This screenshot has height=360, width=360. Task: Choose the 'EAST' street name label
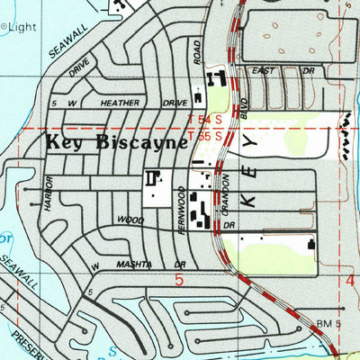click(265, 69)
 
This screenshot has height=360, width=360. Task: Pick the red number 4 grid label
click(350, 282)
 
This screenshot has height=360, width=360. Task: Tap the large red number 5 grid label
click(178, 282)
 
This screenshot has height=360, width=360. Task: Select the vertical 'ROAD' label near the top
click(197, 52)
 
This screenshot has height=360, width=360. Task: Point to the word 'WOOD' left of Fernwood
click(130, 220)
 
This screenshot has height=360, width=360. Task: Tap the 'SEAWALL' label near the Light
click(43, 42)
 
